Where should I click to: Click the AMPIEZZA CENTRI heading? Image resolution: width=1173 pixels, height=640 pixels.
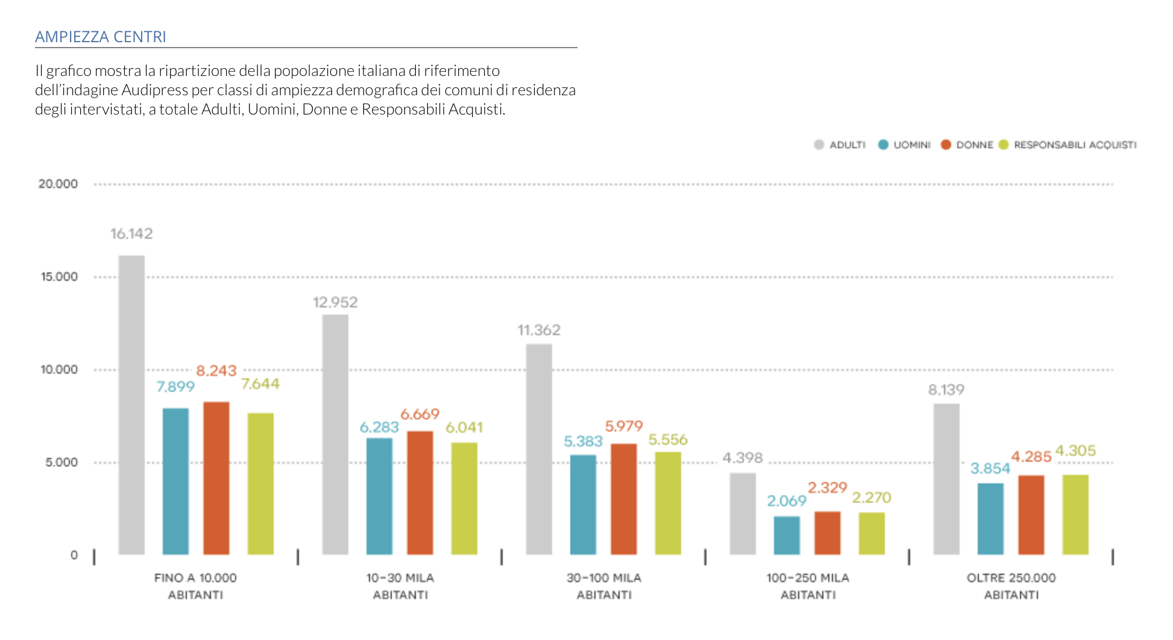tap(101, 37)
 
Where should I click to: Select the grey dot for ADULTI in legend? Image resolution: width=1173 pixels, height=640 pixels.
tap(819, 145)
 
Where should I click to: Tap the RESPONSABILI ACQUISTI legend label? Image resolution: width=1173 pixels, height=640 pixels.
tap(1075, 145)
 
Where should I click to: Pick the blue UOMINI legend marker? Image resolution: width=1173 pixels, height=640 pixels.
tap(883, 145)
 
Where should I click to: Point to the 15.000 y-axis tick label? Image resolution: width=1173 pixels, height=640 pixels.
tap(59, 277)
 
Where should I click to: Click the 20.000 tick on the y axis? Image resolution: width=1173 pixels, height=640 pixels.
tap(58, 184)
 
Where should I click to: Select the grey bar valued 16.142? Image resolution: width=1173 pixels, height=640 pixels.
tap(131, 404)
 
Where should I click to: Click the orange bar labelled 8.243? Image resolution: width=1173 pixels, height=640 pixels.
tap(216, 477)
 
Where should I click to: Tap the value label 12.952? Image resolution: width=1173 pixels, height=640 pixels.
tap(335, 302)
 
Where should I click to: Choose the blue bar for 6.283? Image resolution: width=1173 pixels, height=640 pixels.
tap(379, 495)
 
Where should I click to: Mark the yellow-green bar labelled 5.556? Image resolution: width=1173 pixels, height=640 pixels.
tap(668, 503)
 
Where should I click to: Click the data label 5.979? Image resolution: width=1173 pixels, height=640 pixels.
tap(624, 426)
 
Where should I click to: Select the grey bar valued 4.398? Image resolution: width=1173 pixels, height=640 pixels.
tap(743, 513)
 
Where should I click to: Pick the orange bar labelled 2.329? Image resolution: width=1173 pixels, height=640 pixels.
tap(827, 533)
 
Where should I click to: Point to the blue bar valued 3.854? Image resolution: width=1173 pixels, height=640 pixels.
tap(990, 518)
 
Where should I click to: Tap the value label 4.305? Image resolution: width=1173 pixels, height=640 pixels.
tap(1075, 451)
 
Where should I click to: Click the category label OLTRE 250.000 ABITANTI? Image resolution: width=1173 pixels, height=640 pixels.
tap(1011, 586)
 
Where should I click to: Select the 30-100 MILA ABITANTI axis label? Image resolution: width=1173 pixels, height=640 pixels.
tap(604, 586)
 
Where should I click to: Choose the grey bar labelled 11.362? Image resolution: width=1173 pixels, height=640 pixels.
tap(539, 449)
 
